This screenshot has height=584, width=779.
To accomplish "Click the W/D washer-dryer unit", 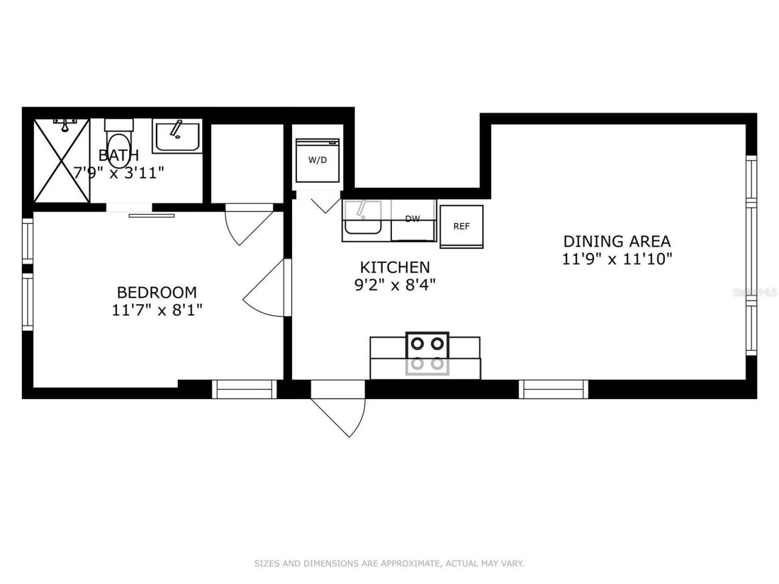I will pos(317,161).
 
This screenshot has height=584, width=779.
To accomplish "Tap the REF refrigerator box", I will pos(461,226).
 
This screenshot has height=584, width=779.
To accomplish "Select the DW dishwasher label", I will pos(413,219).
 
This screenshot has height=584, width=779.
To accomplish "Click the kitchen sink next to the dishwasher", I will pos(363,218).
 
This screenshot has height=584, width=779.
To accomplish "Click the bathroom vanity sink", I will pos(176,137).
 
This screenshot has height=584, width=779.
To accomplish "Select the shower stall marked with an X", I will pos(61,161).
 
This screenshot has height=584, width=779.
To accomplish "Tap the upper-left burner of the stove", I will pos(417,343).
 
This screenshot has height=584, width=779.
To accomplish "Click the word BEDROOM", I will pos(156,293).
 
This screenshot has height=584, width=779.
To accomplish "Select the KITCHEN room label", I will pos(395,267).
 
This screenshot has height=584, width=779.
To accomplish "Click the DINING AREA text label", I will pos(617,241).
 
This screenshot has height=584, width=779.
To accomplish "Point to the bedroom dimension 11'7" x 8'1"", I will pos(156,310).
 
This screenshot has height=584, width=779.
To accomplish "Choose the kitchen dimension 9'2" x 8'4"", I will pos(395,284).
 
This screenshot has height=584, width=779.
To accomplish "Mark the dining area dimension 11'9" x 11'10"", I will pos(617,259).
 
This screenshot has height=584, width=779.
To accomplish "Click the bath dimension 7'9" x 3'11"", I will pos(119,173).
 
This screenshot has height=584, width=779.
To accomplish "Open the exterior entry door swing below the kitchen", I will pos(338,411).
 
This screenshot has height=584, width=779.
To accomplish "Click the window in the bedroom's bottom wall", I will pos(244,389).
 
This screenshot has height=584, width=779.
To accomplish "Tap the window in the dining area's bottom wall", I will pos(554,389).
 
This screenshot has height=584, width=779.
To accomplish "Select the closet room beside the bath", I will pos(247,163).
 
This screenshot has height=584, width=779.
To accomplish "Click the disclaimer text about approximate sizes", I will pos(389,564).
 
